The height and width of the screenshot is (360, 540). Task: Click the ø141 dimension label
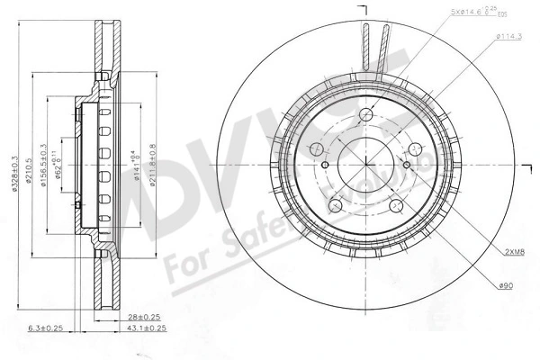pyautogui.click(x=135, y=166)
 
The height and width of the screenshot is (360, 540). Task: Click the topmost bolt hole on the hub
pyautogui.click(x=366, y=114)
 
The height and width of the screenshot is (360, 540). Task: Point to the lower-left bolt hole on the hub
pyautogui.click(x=338, y=204)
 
